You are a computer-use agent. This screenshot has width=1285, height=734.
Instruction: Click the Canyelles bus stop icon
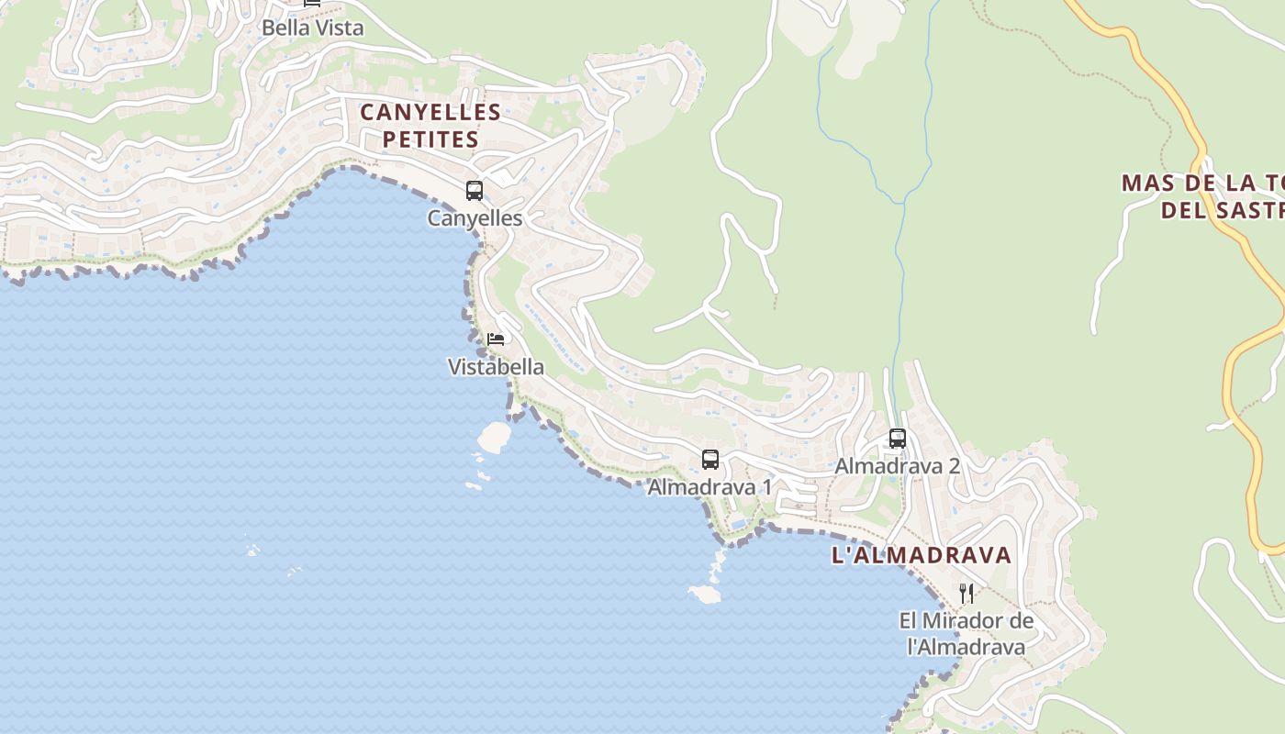[475, 191]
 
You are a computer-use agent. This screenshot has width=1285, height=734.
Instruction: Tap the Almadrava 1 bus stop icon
[710, 460]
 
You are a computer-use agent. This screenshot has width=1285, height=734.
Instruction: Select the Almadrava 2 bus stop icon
[898, 439]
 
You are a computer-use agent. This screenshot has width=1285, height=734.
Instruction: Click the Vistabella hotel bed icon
[496, 339]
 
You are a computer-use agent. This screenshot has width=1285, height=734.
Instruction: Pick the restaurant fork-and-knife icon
[967, 594]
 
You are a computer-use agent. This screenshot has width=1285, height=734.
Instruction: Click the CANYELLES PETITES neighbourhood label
[430, 126]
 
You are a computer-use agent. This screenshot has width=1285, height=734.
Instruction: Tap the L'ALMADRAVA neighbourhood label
[922, 555]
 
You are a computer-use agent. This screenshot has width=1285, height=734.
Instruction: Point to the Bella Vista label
[313, 28]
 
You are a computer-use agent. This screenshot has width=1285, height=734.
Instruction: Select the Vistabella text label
[496, 367]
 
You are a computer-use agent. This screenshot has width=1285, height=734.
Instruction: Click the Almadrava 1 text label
[710, 487]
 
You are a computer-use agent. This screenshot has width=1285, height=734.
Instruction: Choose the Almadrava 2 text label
[897, 466]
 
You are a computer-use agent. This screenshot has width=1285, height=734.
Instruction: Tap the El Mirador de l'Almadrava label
[966, 633]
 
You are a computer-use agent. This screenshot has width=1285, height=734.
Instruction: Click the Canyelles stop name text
[475, 218]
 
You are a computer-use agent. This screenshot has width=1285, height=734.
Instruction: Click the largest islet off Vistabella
[493, 437]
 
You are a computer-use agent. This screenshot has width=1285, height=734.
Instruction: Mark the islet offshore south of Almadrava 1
[705, 595]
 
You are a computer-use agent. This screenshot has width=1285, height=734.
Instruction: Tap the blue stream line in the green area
[900, 275]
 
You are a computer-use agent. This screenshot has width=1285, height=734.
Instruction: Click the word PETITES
[430, 139]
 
